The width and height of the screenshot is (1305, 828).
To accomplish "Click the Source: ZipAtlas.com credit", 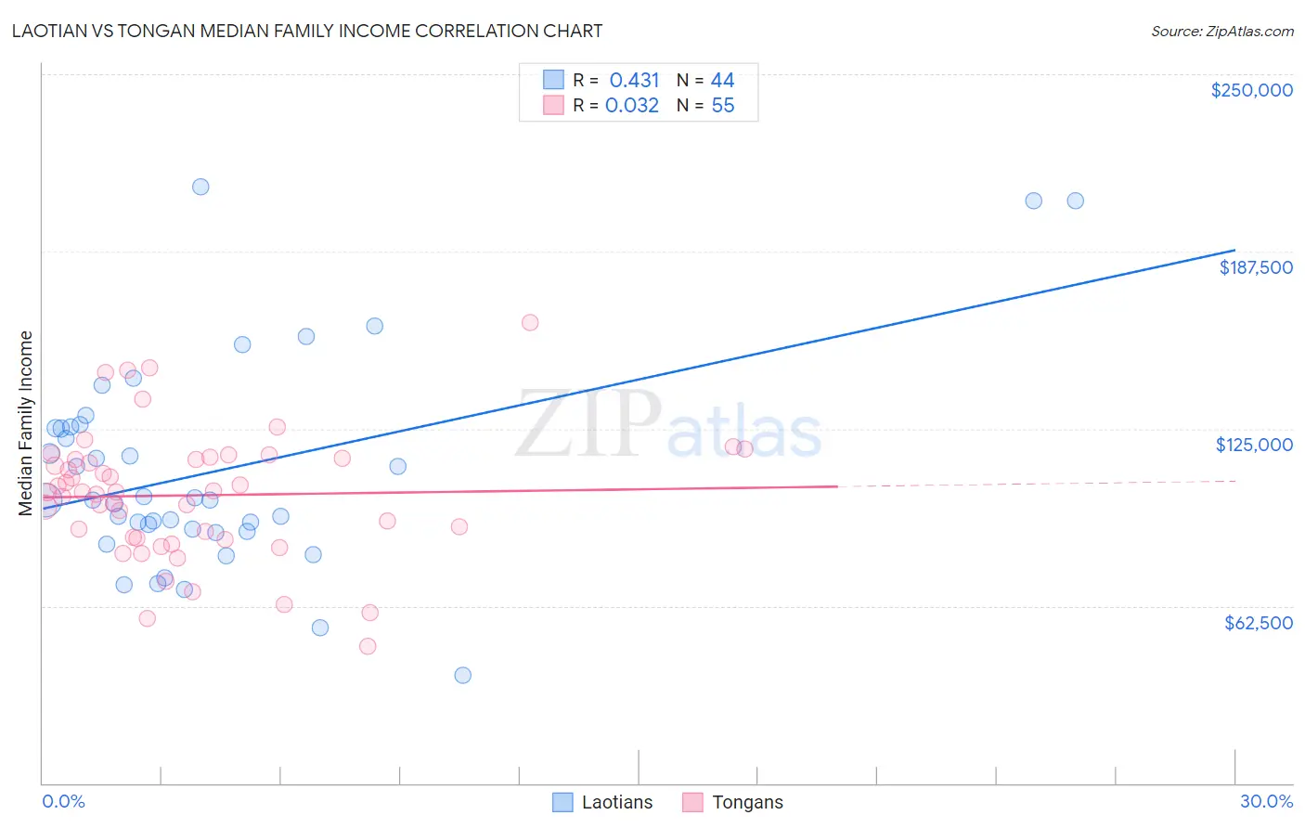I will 1221,32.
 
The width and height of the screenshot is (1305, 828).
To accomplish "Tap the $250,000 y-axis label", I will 1251,90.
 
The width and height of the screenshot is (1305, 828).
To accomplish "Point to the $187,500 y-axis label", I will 1255,267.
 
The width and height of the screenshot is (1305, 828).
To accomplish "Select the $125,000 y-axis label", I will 1254,445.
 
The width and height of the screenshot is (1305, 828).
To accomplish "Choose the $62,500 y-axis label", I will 1258,623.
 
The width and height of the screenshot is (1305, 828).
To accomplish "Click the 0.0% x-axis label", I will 63,801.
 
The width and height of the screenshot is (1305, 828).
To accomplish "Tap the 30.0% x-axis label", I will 1266,801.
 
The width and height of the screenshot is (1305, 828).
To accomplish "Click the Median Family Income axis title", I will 26,423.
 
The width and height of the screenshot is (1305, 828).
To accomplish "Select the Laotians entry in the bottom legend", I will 616,802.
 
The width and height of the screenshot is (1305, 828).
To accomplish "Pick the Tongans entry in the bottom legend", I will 747,802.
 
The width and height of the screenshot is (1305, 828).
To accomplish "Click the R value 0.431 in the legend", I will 634,80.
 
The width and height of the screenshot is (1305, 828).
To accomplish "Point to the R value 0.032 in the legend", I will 632,106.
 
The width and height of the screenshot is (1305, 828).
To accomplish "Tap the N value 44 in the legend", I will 722,80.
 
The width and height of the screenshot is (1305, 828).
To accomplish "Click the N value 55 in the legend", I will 722,106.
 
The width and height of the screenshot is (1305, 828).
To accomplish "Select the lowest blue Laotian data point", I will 463,675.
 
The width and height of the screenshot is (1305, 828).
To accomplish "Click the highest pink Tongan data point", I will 530,323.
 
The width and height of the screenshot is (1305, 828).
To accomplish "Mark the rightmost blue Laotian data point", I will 1075,201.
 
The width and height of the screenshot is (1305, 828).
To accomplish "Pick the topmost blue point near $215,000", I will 200,187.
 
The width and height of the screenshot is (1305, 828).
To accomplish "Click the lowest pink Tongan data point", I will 368,646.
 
